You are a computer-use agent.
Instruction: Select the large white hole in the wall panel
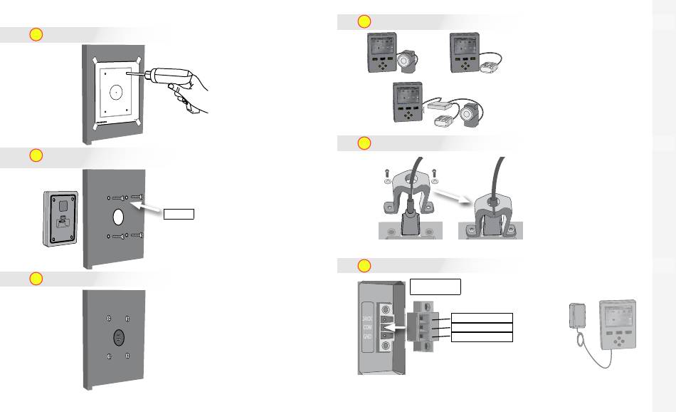[117, 216]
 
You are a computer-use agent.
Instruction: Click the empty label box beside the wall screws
[178, 213]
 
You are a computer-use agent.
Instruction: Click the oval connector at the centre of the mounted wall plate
[117, 337]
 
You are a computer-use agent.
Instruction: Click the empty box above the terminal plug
[435, 287]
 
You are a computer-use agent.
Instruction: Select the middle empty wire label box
[482, 326]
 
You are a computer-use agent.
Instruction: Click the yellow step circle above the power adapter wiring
[364, 266]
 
